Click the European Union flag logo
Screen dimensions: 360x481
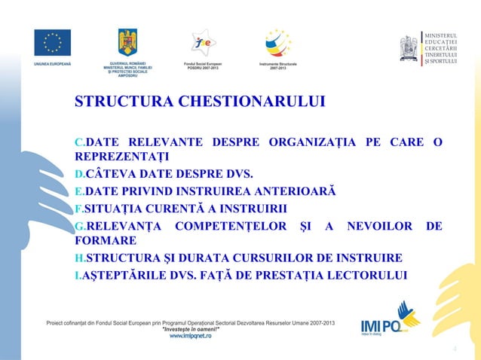pos(52,42)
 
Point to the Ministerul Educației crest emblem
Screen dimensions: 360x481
pos(409,47)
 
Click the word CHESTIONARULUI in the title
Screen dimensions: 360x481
pos(253,102)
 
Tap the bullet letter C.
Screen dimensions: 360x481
pos(78,142)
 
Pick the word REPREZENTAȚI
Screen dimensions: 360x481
pos(121,157)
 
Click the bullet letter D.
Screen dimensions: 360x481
pos(78,174)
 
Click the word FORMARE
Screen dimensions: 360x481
pos(105,240)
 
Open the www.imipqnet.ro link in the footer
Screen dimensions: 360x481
pos(190,335)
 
